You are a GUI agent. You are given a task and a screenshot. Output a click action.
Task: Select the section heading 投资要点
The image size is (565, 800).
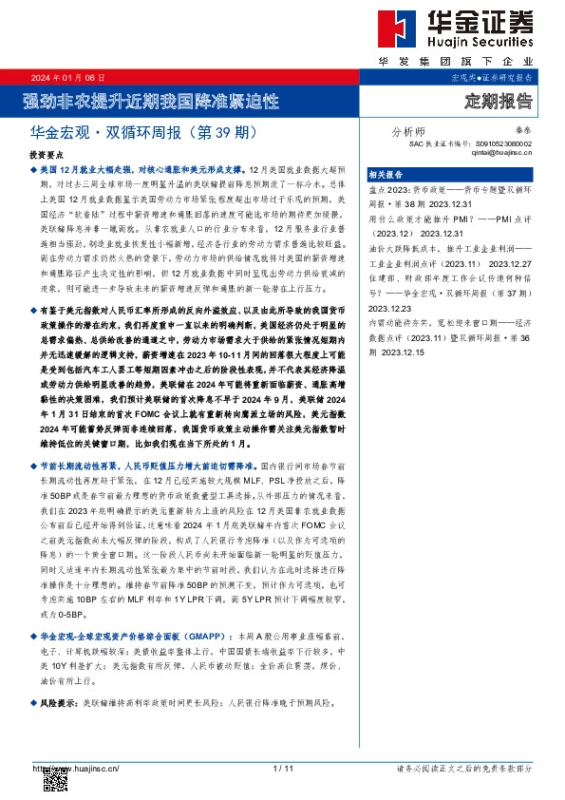47,153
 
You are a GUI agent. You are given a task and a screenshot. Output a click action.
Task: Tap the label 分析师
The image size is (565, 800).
408,132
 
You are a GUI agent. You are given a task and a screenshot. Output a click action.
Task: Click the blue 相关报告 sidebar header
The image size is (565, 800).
386,175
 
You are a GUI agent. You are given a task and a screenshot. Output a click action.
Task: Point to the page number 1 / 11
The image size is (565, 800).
282,768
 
